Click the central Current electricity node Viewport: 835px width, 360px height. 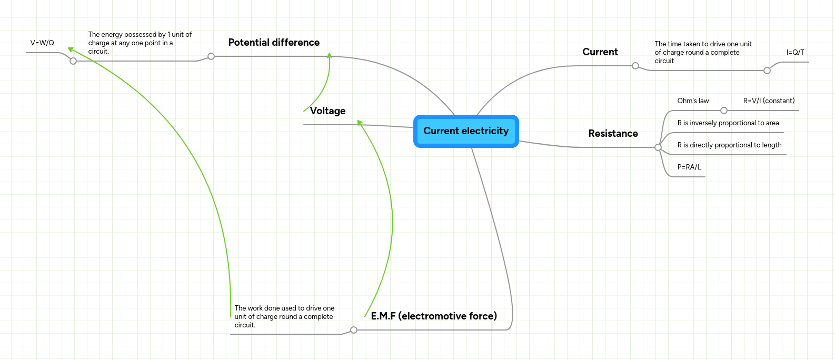[466, 131]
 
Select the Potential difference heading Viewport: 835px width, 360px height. [274, 43]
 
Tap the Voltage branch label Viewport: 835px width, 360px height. [327, 111]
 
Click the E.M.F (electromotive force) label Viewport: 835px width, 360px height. [434, 316]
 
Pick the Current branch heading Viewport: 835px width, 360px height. [600, 52]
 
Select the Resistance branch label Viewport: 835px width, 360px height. [613, 134]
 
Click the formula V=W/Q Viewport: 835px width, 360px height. [42, 43]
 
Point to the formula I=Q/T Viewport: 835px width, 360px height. [795, 53]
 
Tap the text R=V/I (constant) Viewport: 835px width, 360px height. [769, 101]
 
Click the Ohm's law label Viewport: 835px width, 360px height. [693, 101]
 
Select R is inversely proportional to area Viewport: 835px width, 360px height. [728, 123]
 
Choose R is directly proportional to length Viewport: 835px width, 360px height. [729, 145]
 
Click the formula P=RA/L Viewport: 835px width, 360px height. [689, 167]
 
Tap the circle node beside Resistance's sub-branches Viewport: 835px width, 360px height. [658, 147]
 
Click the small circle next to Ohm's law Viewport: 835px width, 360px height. [724, 111]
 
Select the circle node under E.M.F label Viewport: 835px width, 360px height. [354, 330]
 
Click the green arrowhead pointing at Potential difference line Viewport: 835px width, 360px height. [330, 55]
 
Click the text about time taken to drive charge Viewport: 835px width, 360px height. [703, 53]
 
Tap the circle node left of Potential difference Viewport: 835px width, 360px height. [211, 56]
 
